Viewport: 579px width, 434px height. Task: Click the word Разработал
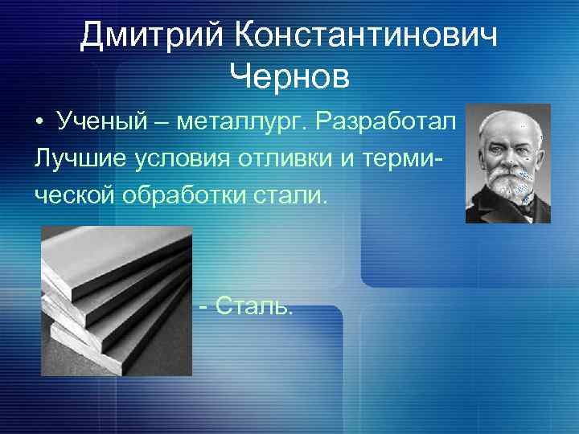coord(386,122)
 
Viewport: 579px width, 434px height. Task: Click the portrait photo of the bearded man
coord(507,163)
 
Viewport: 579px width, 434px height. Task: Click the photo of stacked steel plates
coord(117,301)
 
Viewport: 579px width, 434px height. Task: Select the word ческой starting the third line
coord(73,194)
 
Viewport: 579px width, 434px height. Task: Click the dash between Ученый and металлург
coord(159,122)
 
